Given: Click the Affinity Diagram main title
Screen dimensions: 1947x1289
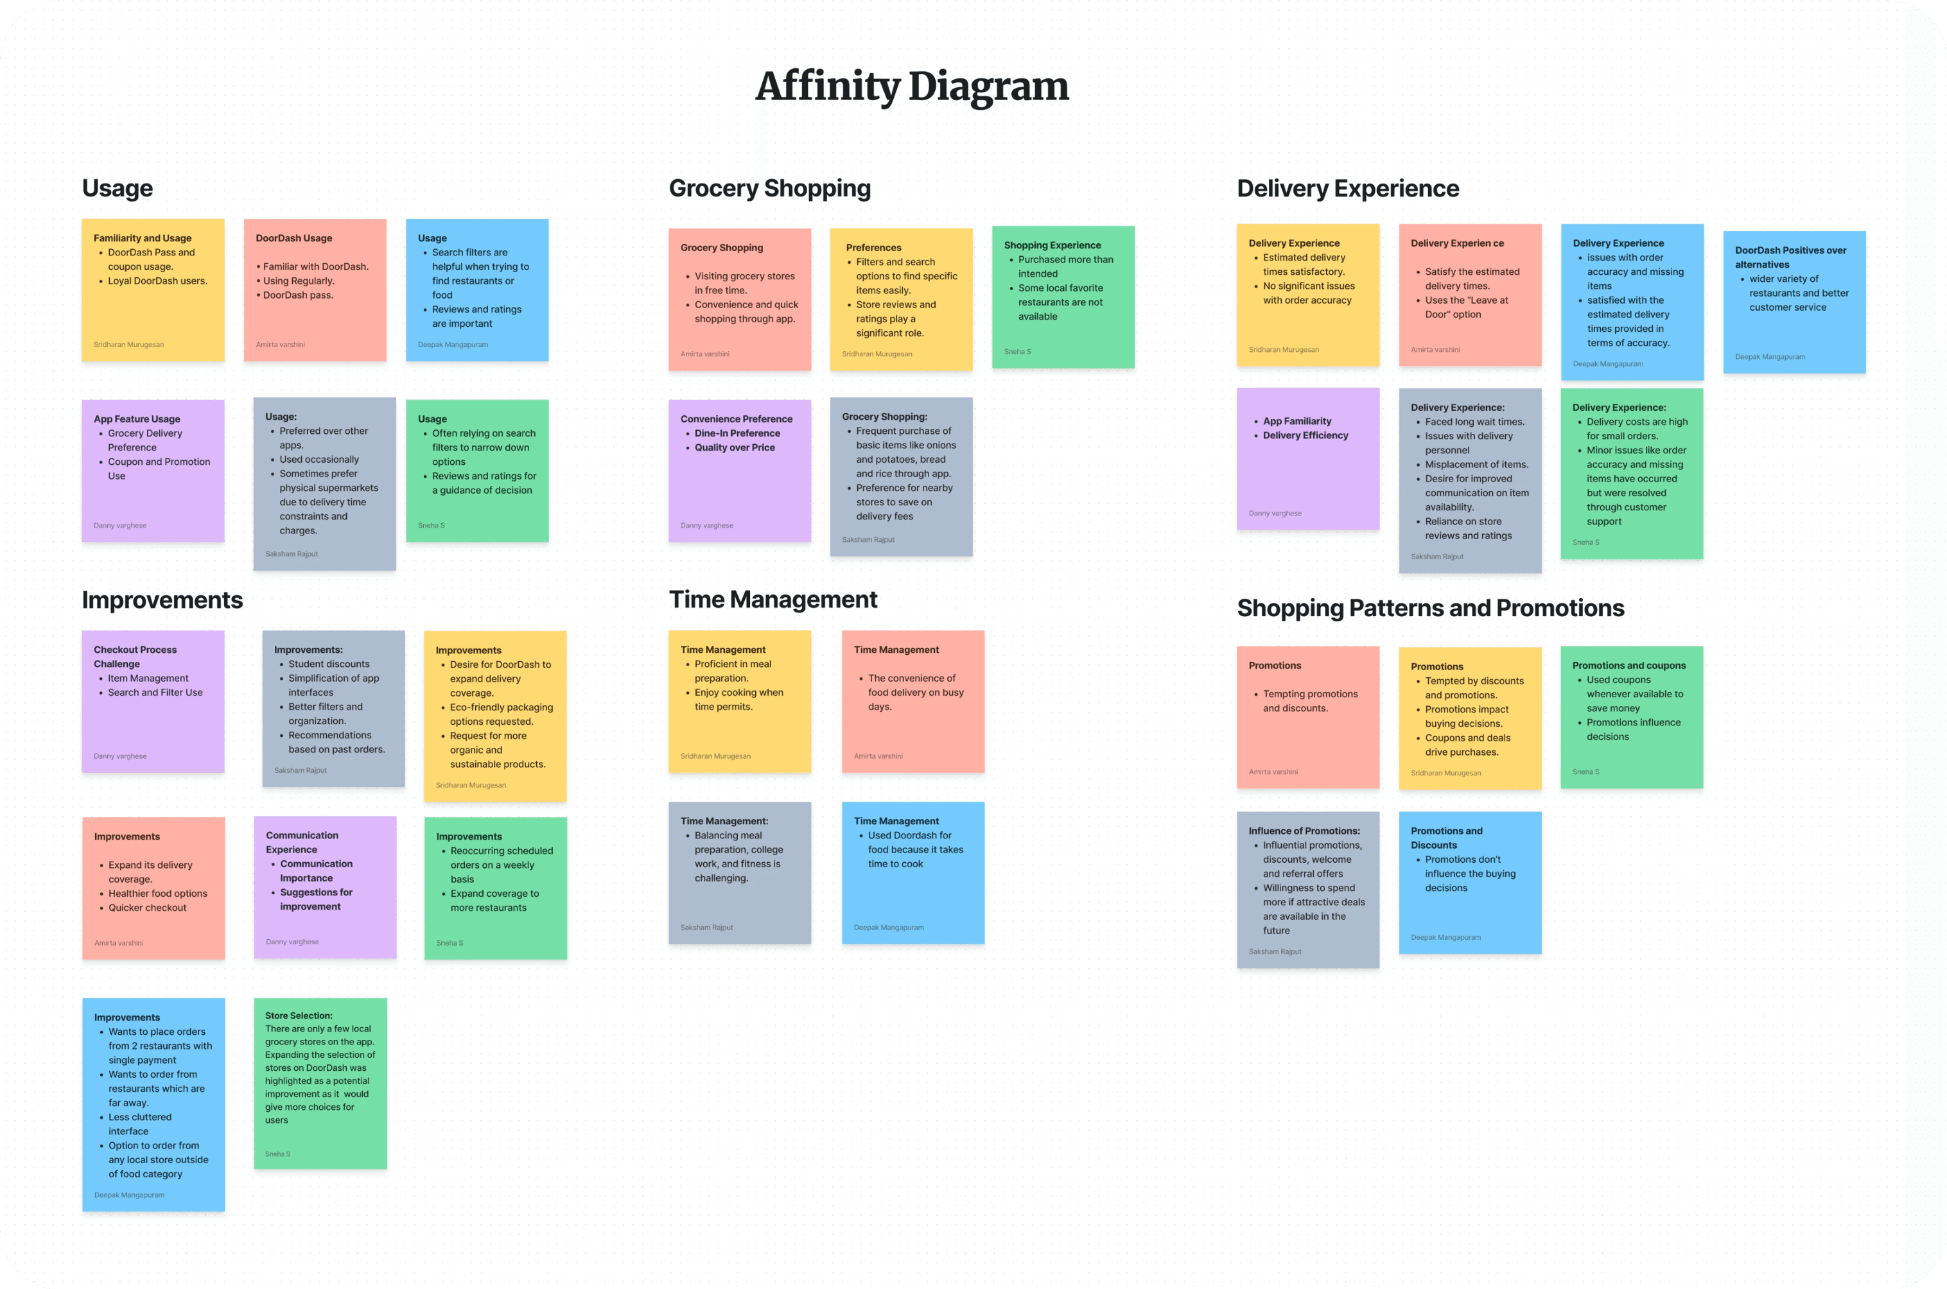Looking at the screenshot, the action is (x=912, y=86).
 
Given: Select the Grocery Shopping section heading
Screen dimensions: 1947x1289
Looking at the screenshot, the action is (x=769, y=188).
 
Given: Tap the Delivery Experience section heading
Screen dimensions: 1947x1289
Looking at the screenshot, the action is (x=1348, y=188).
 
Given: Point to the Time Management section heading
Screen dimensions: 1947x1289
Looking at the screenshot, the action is (x=773, y=600).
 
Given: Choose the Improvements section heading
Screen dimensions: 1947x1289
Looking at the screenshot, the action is (x=162, y=600).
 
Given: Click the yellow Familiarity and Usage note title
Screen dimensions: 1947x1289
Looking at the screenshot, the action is (x=143, y=238).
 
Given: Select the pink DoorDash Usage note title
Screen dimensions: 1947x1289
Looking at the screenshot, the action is (x=293, y=238).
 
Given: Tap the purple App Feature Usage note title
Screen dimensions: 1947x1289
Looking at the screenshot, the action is (x=137, y=419).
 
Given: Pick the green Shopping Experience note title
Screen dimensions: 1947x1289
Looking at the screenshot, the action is (x=1052, y=245).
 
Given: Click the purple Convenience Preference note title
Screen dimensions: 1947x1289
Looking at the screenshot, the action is (x=736, y=419).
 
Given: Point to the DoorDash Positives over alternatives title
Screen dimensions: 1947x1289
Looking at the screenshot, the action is (x=1790, y=257).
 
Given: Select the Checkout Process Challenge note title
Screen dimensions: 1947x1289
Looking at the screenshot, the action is (x=135, y=657).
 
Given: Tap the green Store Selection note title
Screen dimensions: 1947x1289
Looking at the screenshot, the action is (x=299, y=1016).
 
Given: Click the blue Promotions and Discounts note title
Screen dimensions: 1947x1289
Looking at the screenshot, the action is (x=1446, y=838).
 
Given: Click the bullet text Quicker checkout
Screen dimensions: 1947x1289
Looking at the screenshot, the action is (x=147, y=908).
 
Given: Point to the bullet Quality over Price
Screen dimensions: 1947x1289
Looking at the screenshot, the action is (x=734, y=447).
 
